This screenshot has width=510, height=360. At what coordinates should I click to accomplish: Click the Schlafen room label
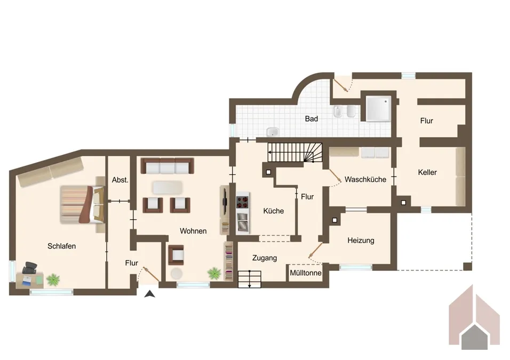[x=61, y=246]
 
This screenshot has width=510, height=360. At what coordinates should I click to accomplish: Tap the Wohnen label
[x=193, y=231]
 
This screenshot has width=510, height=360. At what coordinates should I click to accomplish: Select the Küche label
[x=274, y=211]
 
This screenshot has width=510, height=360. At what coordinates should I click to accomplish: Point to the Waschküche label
[x=365, y=179]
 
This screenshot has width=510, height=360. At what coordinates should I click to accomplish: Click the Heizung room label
[x=361, y=241]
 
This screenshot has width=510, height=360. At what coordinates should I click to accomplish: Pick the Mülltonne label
[x=306, y=273]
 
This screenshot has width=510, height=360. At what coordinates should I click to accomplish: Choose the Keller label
[x=427, y=172]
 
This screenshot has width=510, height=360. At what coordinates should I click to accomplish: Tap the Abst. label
[x=120, y=180]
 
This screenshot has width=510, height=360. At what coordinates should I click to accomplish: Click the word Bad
[x=312, y=118]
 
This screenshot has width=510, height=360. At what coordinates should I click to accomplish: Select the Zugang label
[x=265, y=258]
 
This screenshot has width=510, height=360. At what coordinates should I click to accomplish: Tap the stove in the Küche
[x=243, y=202]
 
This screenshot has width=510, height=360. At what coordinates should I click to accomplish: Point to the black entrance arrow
[x=150, y=292]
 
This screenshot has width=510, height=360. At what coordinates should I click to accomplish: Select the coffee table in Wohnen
[x=168, y=187]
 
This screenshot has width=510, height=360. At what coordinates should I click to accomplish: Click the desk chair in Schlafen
[x=30, y=267]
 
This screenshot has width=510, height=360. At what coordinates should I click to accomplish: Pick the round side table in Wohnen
[x=177, y=274]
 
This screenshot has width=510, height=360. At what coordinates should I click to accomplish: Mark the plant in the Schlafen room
[x=53, y=278]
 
